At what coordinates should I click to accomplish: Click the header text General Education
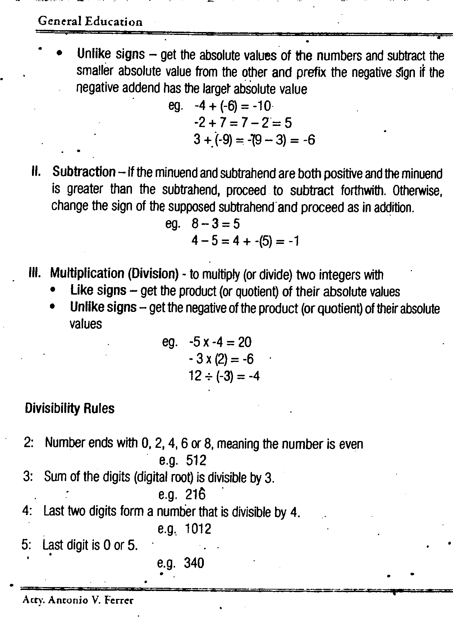pos(90,22)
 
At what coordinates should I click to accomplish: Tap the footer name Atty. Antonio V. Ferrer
pos(78,600)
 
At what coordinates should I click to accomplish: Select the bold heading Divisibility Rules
pos(70,409)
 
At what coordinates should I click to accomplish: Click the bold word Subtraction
pos(84,172)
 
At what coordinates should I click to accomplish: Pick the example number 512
pos(196,460)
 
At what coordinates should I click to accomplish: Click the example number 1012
pos(198,529)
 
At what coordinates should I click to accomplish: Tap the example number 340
pos(194,563)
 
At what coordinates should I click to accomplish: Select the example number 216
pos(196,495)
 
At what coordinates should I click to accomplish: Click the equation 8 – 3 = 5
pos(215,224)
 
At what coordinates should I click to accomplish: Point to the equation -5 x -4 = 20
pos(220,342)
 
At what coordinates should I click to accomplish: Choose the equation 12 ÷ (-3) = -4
pos(224,376)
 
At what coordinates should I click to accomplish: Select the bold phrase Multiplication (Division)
pos(114,274)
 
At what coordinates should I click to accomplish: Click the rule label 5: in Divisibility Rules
pos(27,545)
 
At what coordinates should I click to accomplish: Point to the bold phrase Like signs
pos(98,291)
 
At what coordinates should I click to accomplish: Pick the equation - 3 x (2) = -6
pos(221,359)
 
